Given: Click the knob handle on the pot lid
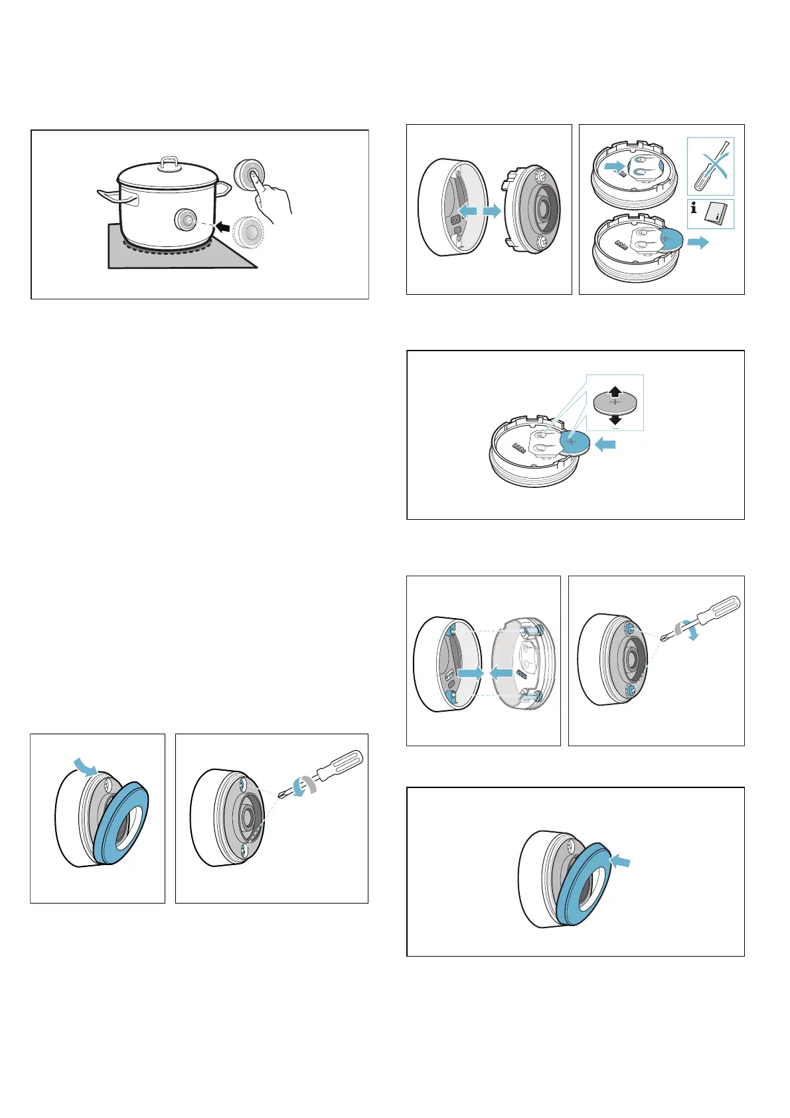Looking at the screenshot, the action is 171,161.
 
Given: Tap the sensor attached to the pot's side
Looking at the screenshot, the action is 185,219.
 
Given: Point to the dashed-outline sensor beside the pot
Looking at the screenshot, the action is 250,232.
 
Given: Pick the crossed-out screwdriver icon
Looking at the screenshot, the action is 710,166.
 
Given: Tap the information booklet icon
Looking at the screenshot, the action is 714,213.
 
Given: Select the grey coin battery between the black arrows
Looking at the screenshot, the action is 615,402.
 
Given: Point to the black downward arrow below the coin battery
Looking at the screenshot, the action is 615,420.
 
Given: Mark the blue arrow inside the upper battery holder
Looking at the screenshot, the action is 615,164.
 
